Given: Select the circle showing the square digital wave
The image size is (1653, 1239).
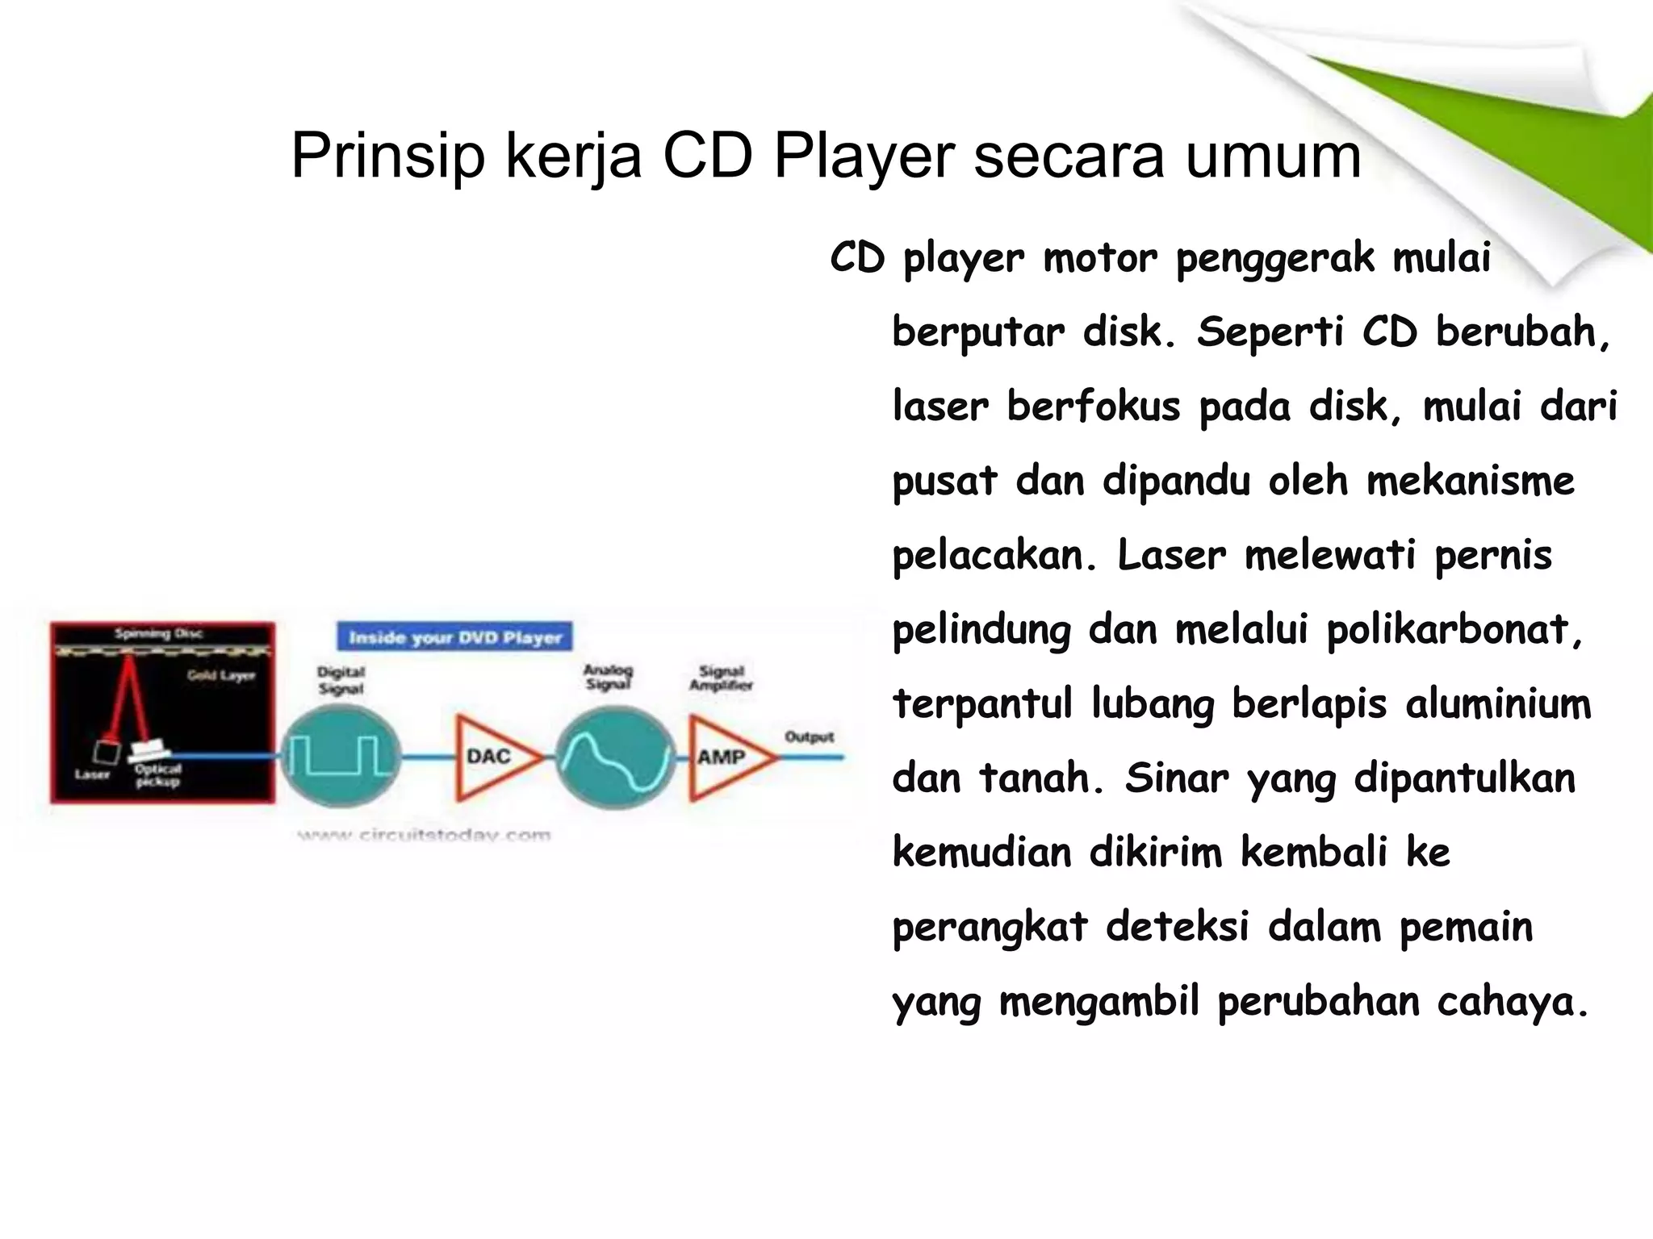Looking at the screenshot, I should tap(341, 757).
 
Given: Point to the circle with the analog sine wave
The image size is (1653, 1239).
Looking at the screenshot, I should tap(615, 757).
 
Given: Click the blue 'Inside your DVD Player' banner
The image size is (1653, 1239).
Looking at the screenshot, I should tap(454, 637).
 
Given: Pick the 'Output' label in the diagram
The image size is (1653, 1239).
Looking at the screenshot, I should tap(809, 736).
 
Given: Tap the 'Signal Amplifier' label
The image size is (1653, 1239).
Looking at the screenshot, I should tap(721, 678).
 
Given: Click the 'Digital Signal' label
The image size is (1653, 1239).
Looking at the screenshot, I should tap(341, 679).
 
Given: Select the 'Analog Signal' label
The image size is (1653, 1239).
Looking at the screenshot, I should tap(608, 677).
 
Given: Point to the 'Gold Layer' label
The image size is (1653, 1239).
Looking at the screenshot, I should tap(221, 675).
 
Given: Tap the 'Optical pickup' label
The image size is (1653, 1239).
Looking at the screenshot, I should tap(158, 775).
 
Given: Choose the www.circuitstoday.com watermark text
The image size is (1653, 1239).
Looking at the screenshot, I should tap(424, 835).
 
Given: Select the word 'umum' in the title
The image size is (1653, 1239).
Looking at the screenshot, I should tap(1273, 155).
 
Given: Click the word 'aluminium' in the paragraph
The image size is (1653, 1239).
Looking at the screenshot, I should tap(1498, 703).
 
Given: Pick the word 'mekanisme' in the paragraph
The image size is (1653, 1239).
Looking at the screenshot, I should tap(1470, 481).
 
